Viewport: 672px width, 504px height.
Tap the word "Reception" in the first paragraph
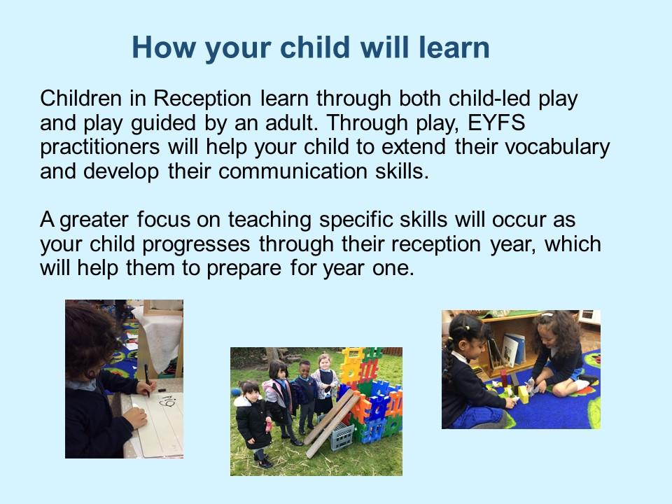[202, 99]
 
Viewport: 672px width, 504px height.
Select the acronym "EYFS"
[496, 122]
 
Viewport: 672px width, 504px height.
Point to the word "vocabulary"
[557, 147]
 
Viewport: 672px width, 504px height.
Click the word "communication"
[293, 171]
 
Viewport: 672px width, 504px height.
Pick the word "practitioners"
[100, 147]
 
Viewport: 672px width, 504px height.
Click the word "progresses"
[196, 245]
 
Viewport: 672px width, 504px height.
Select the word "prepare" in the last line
[244, 269]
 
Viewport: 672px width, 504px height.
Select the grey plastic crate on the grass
[342, 437]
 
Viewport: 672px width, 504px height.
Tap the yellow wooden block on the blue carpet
[523, 394]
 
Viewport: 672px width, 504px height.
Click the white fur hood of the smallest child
[244, 402]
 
